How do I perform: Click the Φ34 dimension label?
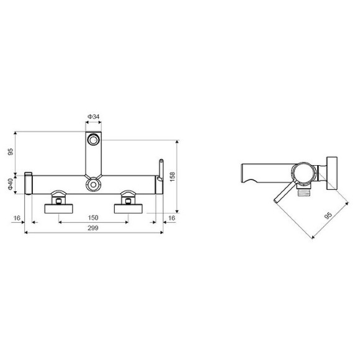click(93, 117)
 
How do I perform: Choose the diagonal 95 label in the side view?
click(328, 217)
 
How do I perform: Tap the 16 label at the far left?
click(16, 218)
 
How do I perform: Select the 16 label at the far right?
click(172, 218)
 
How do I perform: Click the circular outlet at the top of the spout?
click(93, 140)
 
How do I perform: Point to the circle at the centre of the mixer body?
click(93, 184)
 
